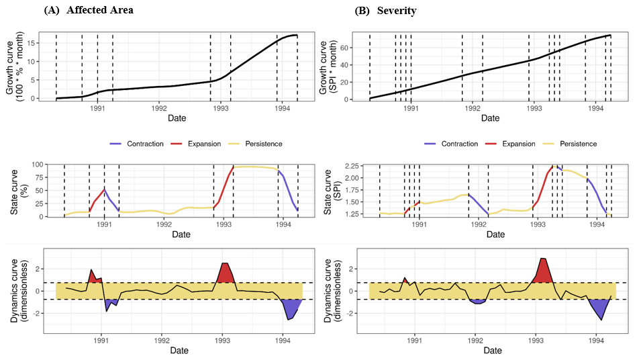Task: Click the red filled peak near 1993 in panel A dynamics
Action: tap(226, 273)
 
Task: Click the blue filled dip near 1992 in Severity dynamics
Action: tap(477, 301)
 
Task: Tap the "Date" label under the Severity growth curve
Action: tap(491, 118)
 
